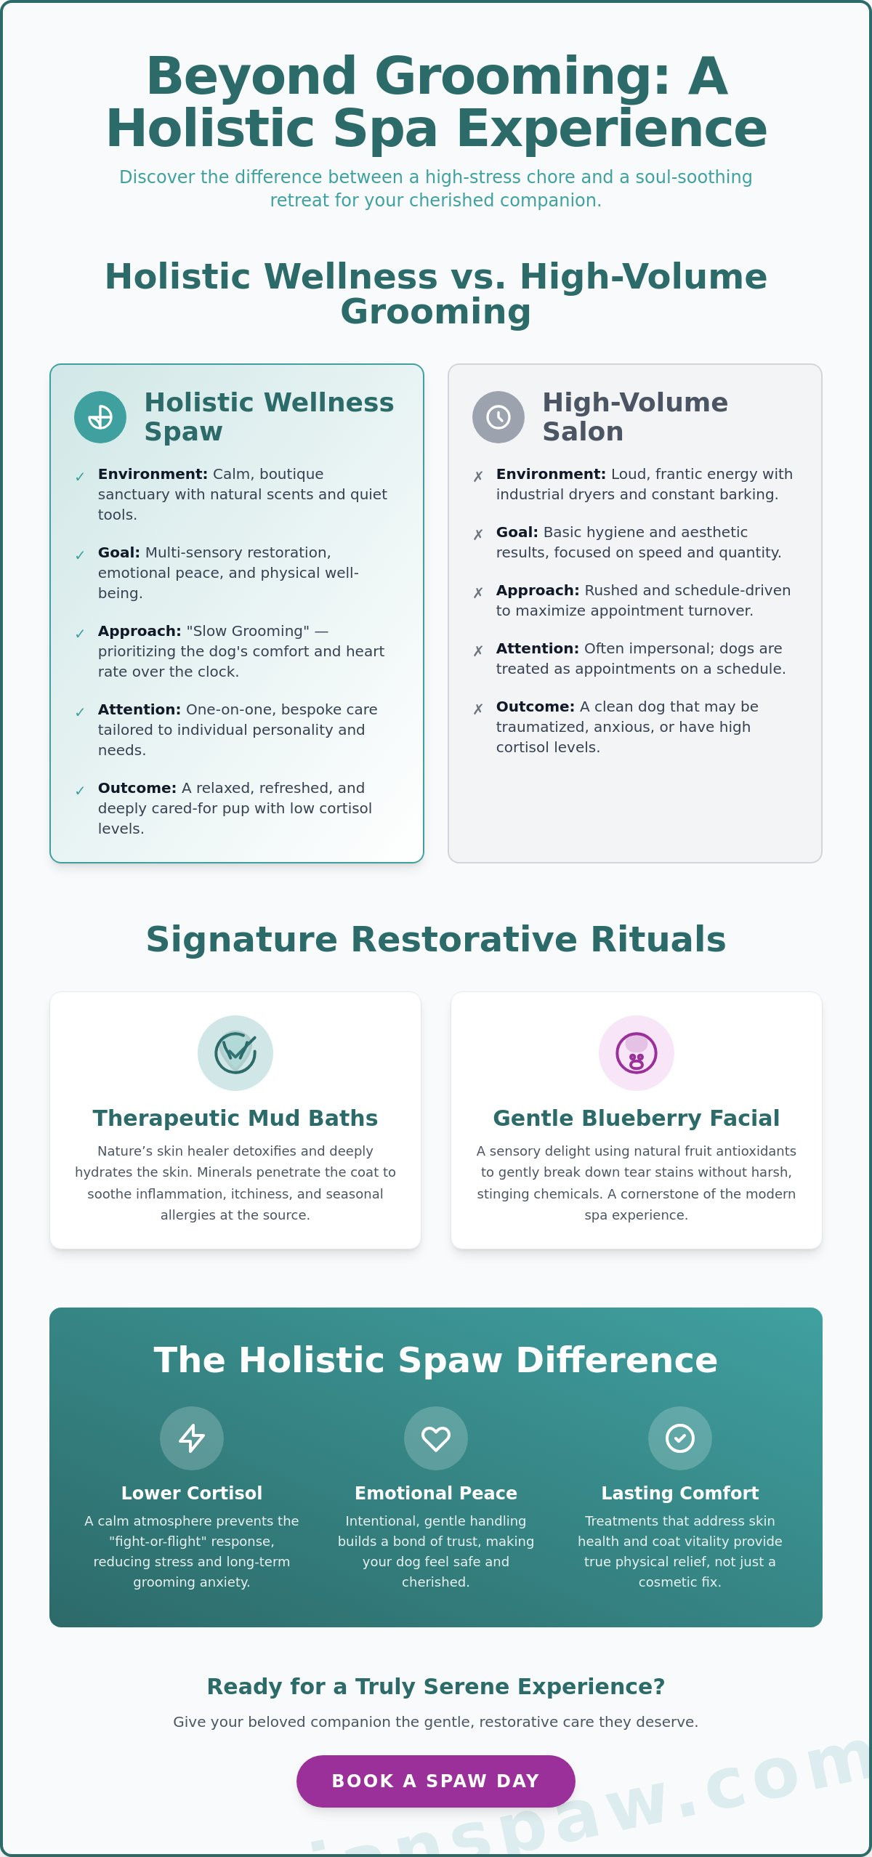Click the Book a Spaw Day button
tap(436, 1781)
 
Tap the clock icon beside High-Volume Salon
tap(498, 417)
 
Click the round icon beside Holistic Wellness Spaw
tap(100, 417)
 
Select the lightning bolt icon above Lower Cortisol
tap(192, 1438)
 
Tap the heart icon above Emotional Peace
tap(436, 1438)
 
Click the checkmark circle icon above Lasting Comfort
tap(680, 1438)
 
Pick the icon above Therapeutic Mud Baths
tap(235, 1052)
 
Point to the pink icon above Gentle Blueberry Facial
tap(637, 1052)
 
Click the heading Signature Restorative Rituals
tap(436, 939)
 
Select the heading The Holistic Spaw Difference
tap(436, 1360)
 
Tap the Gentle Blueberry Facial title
tap(637, 1118)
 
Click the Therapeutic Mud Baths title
tap(235, 1118)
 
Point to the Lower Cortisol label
tap(192, 1493)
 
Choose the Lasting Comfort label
tap(680, 1493)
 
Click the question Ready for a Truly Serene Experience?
tap(436, 1686)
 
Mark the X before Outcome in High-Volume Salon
tap(478, 709)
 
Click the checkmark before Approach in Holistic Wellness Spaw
tap(80, 634)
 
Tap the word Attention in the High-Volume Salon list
tap(537, 648)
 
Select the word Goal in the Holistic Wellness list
tap(118, 552)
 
